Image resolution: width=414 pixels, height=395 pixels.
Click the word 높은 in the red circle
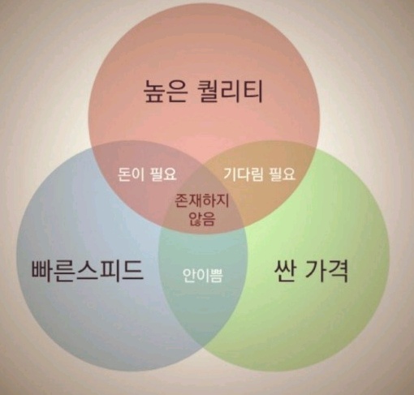click(x=166, y=91)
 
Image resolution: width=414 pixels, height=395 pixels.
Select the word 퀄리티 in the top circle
click(x=230, y=91)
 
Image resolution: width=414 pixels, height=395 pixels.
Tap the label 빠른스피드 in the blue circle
click(x=87, y=270)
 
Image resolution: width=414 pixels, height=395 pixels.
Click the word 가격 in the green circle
click(x=326, y=271)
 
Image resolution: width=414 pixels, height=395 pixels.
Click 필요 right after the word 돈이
click(x=163, y=174)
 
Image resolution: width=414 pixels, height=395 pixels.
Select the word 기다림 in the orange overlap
click(x=244, y=174)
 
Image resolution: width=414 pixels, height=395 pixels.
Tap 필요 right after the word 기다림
click(x=282, y=174)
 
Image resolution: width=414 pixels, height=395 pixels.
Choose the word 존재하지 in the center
click(x=201, y=200)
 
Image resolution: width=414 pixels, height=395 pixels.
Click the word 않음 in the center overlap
click(x=201, y=219)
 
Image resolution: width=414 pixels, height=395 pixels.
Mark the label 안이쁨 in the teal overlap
click(x=203, y=275)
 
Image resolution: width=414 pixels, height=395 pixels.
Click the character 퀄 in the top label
click(x=209, y=91)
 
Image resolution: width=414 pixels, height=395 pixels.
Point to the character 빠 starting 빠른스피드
click(x=42, y=270)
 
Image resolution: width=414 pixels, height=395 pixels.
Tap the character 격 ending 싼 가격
click(x=338, y=271)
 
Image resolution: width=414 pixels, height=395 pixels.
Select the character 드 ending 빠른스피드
click(x=132, y=270)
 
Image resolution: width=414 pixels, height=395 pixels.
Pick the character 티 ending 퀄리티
click(x=252, y=91)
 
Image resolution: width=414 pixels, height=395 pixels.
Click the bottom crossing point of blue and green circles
click(x=203, y=347)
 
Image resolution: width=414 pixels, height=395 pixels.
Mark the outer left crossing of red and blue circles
click(x=93, y=147)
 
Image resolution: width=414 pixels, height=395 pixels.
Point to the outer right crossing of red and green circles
click(x=316, y=148)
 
